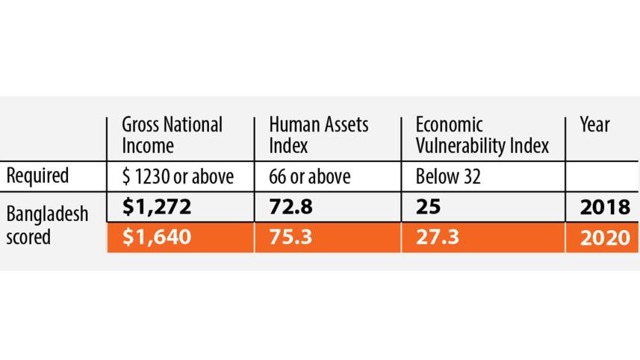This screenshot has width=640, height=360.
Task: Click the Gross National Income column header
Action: coord(172,134)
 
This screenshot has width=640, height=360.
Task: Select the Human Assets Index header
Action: coord(318,134)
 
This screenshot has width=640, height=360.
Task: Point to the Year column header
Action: coord(594,125)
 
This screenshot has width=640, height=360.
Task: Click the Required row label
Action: coord(37,176)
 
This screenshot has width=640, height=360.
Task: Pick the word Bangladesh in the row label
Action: coord(47,215)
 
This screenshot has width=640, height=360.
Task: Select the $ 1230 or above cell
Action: coord(178,176)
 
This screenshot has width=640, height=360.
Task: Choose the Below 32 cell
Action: coord(447,176)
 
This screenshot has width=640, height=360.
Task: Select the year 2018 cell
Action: coord(604,207)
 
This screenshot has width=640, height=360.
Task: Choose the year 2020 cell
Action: coord(604,238)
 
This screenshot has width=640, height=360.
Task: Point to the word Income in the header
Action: coord(148,145)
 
